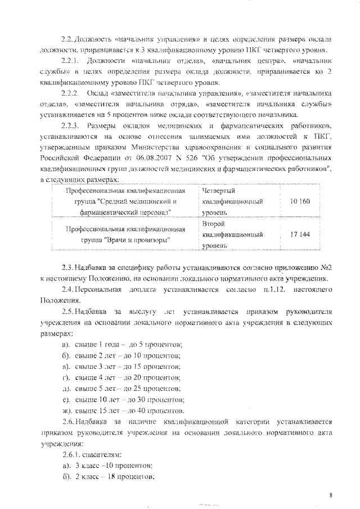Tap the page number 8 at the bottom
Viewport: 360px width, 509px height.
click(331, 495)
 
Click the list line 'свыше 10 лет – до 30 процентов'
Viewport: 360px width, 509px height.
click(129, 400)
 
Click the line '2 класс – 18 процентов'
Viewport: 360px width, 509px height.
click(115, 476)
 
